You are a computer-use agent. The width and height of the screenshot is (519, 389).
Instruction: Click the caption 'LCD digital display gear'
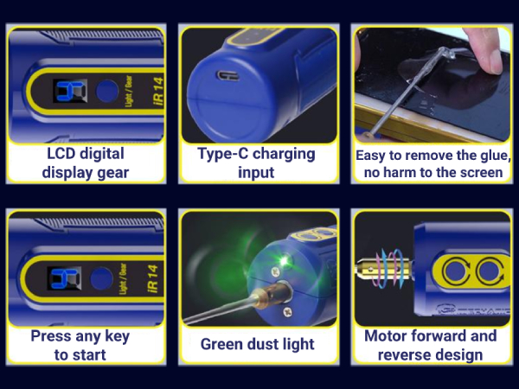(x=86, y=163)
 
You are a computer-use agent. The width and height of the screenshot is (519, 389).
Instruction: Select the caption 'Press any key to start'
(x=80, y=344)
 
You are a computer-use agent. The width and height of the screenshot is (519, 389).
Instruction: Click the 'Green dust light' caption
(x=258, y=344)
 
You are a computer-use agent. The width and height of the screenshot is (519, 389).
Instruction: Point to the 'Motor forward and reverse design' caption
(x=430, y=344)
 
